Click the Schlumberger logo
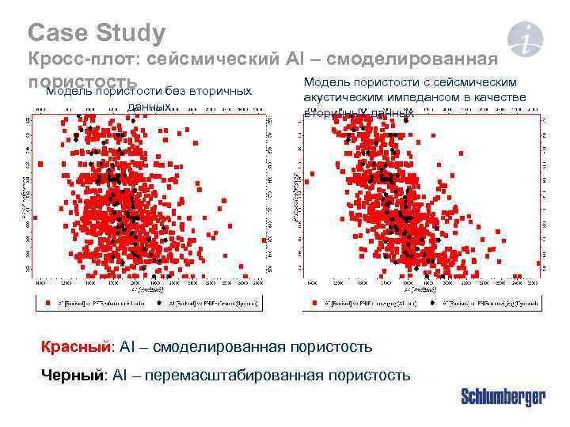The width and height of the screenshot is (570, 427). [x=503, y=397]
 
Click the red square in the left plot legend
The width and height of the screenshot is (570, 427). [x=47, y=302]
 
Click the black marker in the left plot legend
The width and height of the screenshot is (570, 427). [x=160, y=302]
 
